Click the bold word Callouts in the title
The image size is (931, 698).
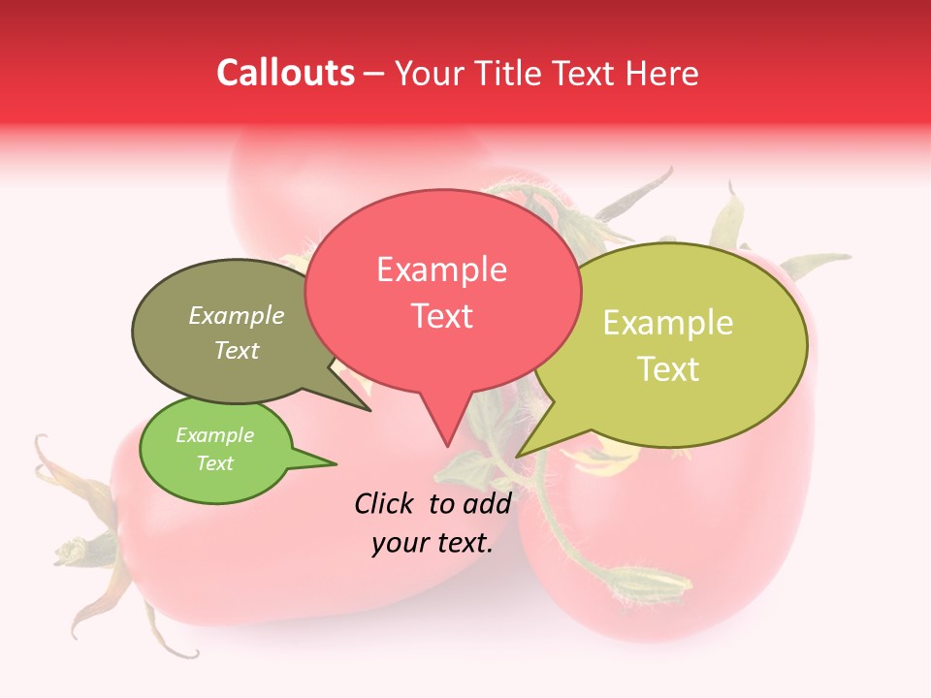coord(285,73)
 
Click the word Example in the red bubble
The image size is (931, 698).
coord(441,270)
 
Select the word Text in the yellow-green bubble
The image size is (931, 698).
coord(668,369)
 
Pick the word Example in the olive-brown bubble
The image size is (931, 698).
coord(237,316)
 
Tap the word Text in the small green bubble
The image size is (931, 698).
coord(214,463)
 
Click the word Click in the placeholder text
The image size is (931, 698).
coord(385,503)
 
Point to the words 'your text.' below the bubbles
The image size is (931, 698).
coord(433,544)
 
